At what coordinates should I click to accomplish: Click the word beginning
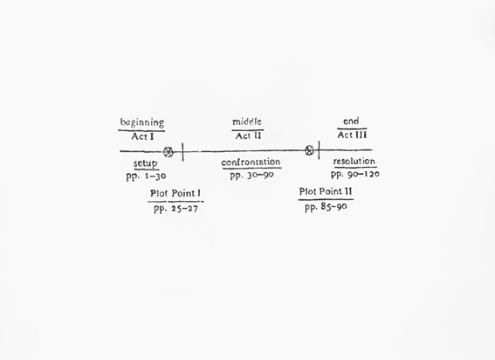pos(142,122)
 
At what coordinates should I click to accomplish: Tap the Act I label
pos(142,136)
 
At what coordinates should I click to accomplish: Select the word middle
pos(247,121)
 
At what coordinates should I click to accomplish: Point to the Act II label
pos(248,136)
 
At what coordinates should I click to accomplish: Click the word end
pos(351,121)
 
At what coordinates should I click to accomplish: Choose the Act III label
pos(352,135)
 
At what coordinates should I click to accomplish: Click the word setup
pos(145,163)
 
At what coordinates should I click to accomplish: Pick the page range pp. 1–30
pos(146,177)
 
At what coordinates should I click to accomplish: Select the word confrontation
pos(251,163)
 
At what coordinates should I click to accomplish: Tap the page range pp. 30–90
pos(251,176)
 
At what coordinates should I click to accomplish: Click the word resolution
pos(354,162)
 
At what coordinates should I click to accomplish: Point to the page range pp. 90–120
pos(355,175)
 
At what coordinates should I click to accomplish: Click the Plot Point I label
pos(175,193)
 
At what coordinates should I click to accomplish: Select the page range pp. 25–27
pos(175,209)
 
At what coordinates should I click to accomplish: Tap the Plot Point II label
pos(326,191)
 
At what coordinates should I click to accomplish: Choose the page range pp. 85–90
pos(326,207)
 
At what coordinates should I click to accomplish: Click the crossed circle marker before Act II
pos(168,152)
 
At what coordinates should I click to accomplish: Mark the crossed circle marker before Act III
pos(310,150)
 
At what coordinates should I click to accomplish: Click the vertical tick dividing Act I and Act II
pos(182,152)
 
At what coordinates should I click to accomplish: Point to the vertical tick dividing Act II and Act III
pos(319,150)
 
